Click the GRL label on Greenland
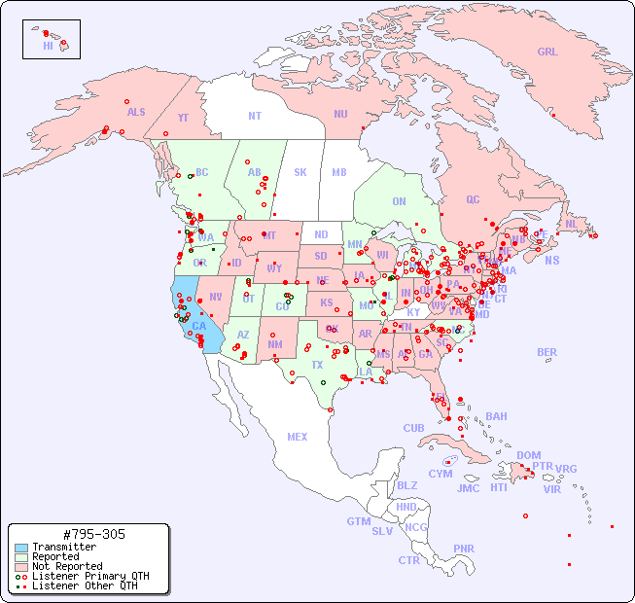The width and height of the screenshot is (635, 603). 547,53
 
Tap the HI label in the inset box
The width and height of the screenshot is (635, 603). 48,46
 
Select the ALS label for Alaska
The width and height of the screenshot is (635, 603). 136,112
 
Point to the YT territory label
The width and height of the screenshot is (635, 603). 183,118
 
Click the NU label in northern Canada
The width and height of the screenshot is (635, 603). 340,114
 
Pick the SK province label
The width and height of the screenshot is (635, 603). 300,172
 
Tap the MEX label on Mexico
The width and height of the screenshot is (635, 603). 297,437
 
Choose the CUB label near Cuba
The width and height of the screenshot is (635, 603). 413,428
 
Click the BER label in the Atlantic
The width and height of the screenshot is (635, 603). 547,352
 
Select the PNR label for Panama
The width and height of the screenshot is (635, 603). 464,549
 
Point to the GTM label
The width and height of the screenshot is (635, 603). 359,521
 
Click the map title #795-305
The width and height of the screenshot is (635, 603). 92,534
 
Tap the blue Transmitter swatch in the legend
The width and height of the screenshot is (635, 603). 21,548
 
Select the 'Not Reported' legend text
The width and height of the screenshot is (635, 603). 67,566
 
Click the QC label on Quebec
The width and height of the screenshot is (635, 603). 473,199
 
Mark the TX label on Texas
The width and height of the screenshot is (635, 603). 317,365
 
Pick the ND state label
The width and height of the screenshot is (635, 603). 321,234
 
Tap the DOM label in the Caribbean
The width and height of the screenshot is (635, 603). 528,455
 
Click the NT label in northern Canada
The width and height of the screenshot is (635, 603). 255,115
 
